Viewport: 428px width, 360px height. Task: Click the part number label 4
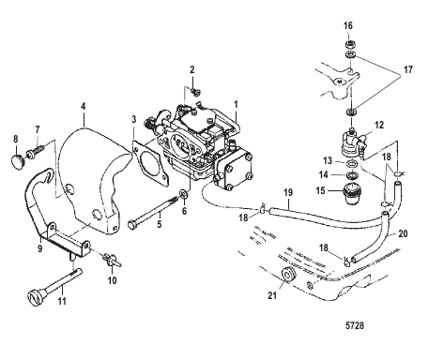[83, 106]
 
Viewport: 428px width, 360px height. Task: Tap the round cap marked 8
[17, 160]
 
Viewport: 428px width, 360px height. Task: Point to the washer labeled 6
[184, 194]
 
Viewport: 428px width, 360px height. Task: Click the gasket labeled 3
[150, 162]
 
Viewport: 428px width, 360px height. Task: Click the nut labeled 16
[350, 43]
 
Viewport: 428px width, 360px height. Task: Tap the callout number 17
[408, 69]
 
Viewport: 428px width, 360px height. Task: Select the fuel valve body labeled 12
[352, 142]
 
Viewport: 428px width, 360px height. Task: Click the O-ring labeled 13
[353, 163]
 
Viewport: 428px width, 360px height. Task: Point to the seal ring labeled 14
[353, 174]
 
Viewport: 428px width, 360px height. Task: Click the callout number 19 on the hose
[288, 192]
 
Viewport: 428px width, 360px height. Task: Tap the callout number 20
[403, 233]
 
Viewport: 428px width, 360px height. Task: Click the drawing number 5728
[355, 325]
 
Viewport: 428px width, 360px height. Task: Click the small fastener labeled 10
[112, 260]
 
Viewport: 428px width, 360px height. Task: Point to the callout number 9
[40, 248]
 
